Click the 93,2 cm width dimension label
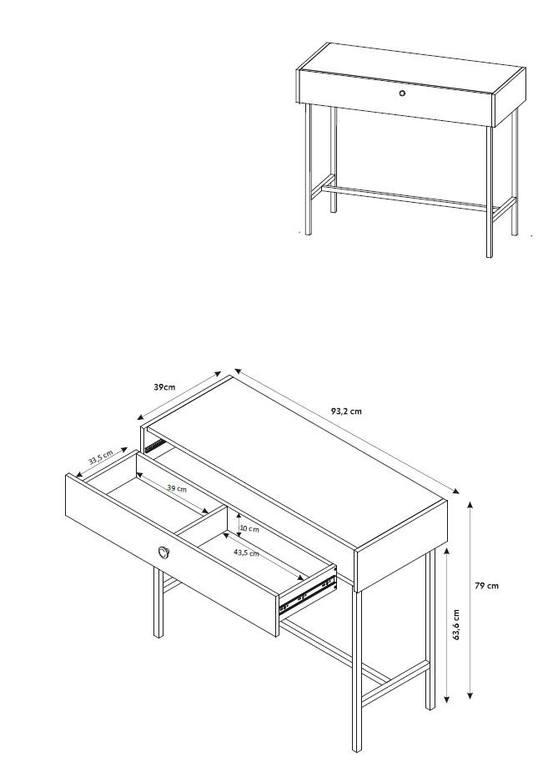(x=346, y=411)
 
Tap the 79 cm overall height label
(x=486, y=586)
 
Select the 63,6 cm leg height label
(x=456, y=624)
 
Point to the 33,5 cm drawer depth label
(x=101, y=457)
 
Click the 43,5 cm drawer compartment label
(x=246, y=553)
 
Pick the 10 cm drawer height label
(x=249, y=529)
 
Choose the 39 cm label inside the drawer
(x=177, y=488)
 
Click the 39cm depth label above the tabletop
(x=164, y=387)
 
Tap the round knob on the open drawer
(x=163, y=553)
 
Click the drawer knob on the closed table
(x=402, y=93)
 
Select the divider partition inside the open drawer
(x=201, y=520)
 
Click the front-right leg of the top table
(x=489, y=191)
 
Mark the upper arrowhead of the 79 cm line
(x=470, y=505)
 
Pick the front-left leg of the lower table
(x=158, y=603)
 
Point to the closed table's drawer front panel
(x=396, y=98)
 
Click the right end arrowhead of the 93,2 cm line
(x=455, y=491)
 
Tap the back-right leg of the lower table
(x=430, y=629)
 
